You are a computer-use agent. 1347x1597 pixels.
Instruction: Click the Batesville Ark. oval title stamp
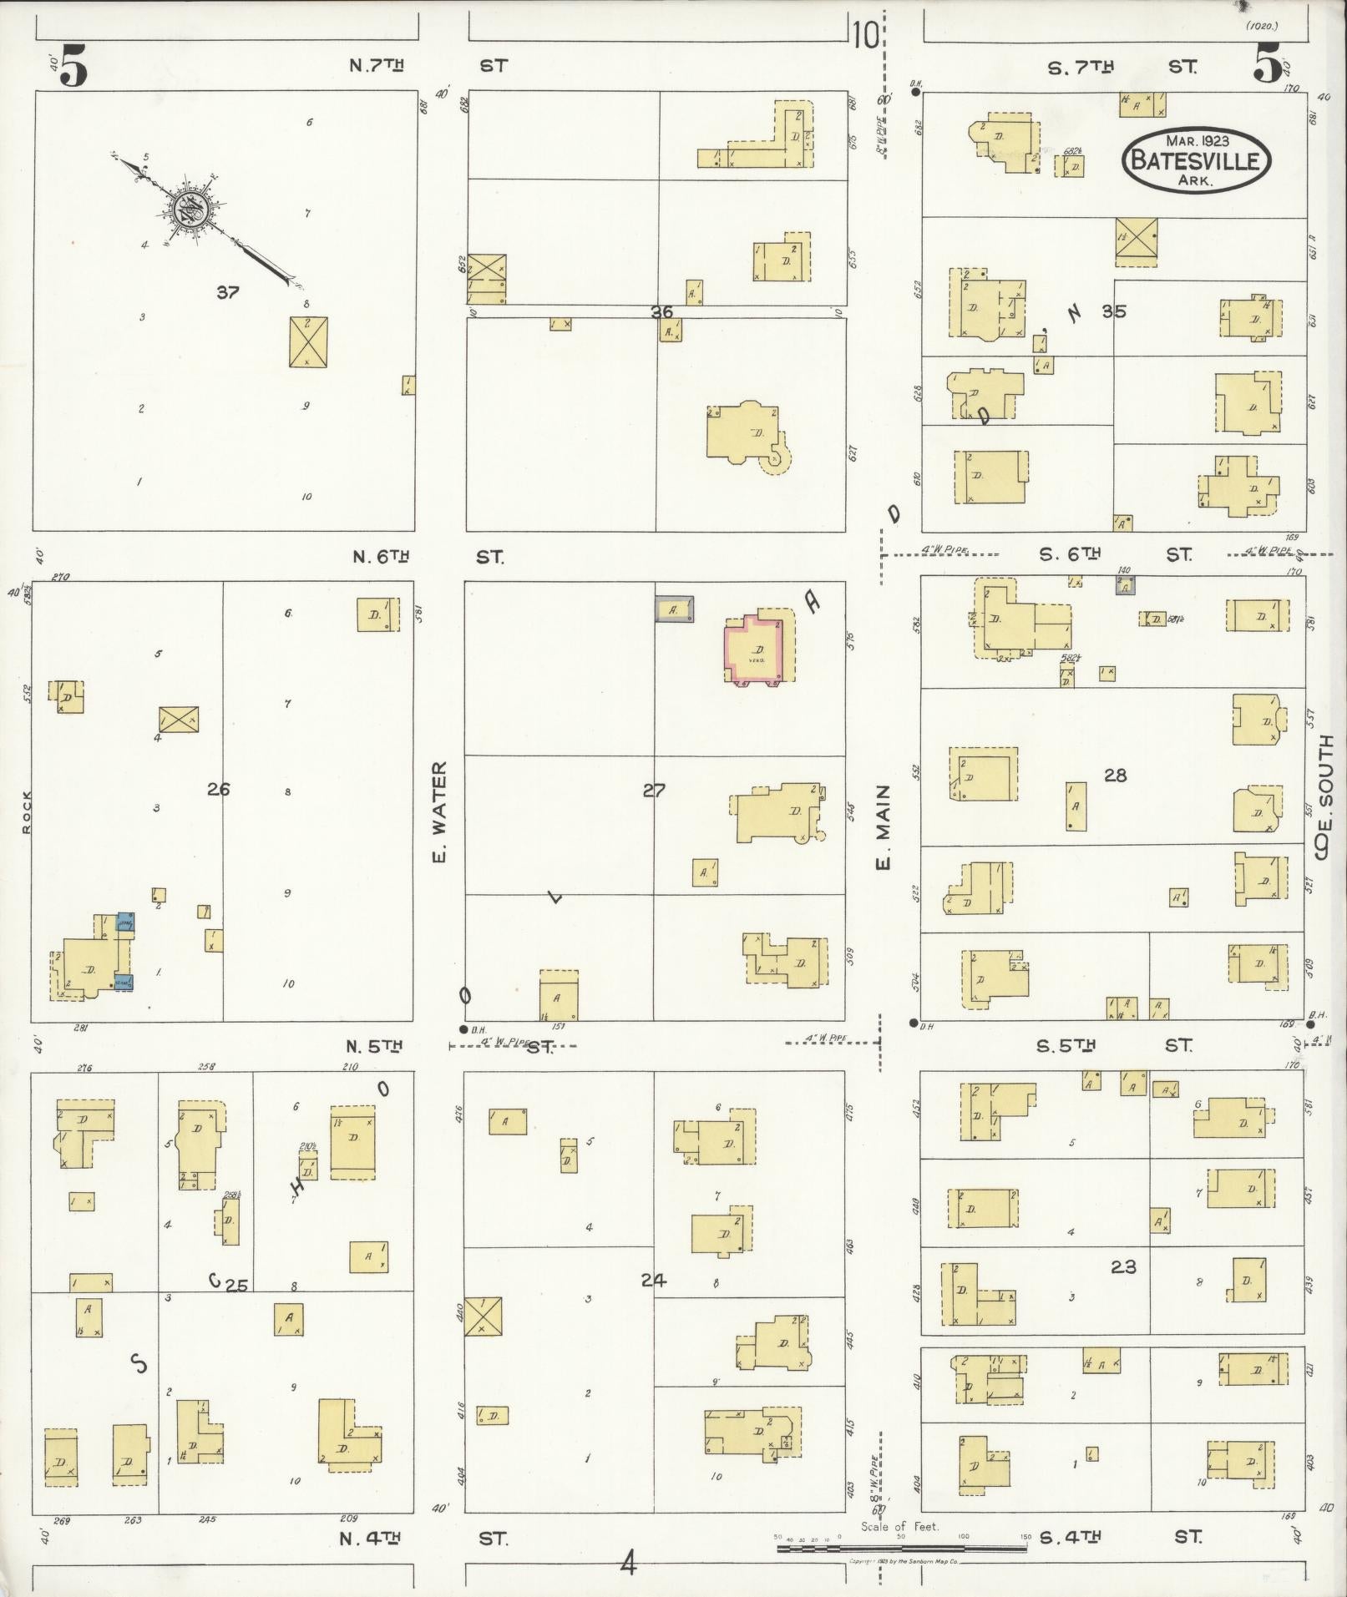1197,160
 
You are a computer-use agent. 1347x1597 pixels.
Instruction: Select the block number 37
227,292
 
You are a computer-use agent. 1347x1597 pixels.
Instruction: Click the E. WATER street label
441,811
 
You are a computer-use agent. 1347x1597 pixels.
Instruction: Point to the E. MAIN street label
883,826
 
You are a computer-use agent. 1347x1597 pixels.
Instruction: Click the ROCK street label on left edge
27,811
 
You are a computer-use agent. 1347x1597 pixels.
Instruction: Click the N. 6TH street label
381,557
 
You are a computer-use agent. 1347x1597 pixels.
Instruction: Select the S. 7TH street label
1081,67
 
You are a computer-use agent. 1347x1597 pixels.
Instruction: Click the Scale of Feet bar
902,1549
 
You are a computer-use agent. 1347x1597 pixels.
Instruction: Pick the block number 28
1115,776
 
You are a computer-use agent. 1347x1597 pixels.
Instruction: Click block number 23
1123,1267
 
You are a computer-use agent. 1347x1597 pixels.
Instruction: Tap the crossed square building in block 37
308,341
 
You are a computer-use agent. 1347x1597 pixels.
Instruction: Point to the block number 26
218,789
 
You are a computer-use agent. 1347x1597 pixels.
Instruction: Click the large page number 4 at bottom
628,1562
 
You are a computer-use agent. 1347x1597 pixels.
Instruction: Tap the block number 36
661,311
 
